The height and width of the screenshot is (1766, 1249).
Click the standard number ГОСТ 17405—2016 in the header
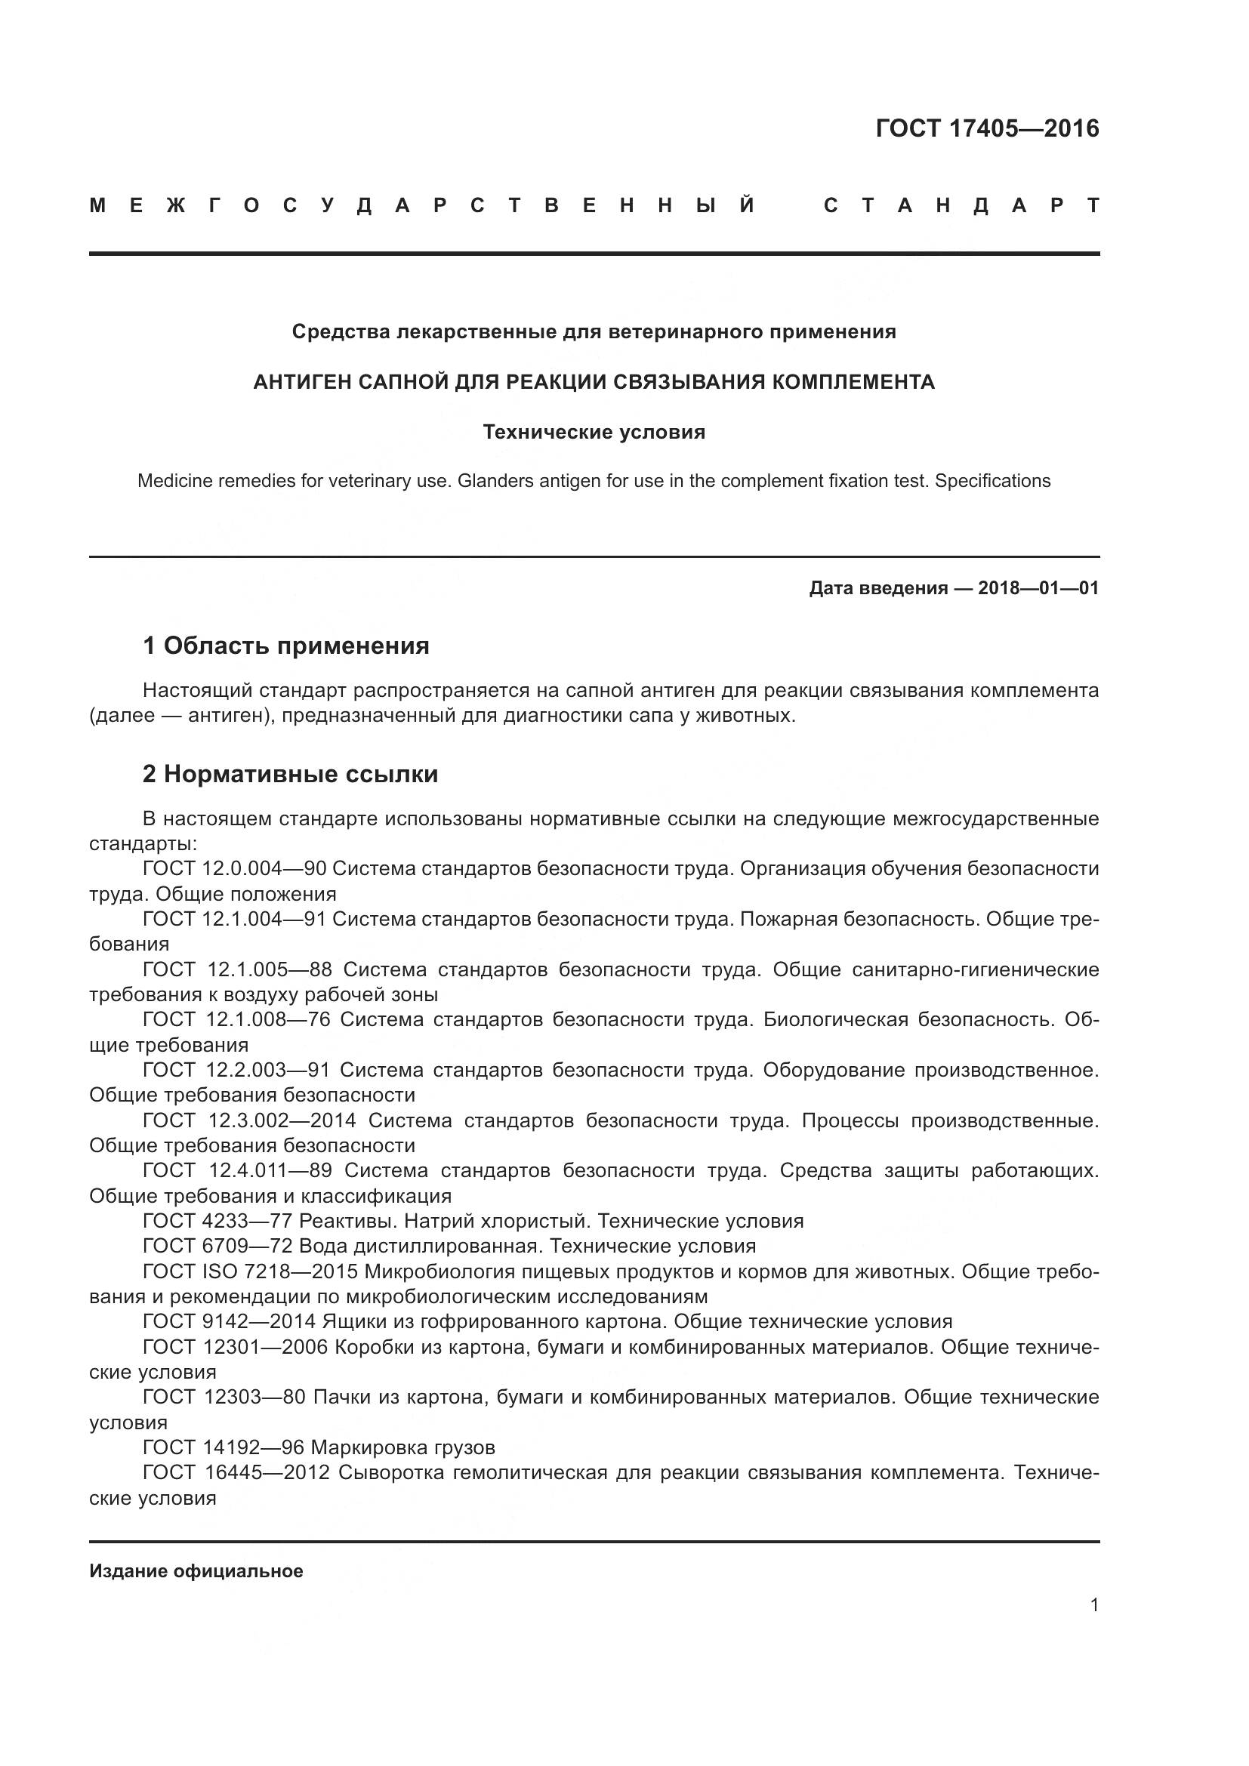coord(987,128)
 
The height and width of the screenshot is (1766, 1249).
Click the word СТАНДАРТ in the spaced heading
coord(961,205)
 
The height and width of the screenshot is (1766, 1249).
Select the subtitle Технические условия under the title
coord(594,433)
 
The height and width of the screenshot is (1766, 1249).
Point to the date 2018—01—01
coord(1038,588)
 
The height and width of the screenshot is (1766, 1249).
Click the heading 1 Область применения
coord(286,646)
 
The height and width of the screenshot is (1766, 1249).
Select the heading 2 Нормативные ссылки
coord(290,774)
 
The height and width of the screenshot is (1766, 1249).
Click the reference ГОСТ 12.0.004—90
coord(235,868)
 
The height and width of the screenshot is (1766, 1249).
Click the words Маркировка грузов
coord(403,1448)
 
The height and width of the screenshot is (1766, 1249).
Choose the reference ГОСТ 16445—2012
coord(236,1473)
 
